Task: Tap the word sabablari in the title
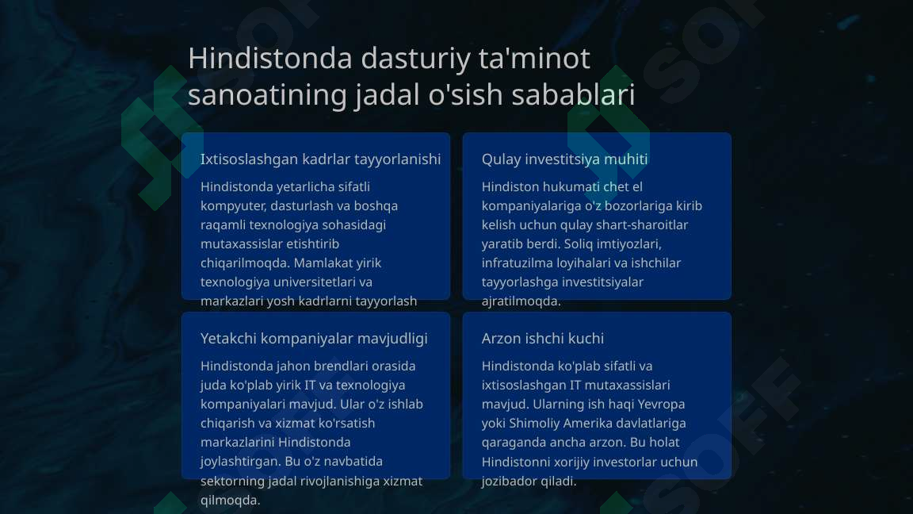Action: point(573,94)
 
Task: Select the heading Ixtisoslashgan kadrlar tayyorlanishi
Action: point(320,159)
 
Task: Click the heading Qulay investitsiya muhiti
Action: point(564,159)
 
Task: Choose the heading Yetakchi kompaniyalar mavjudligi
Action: point(314,339)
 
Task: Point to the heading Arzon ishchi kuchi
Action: point(542,339)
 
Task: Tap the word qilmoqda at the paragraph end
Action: point(229,500)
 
